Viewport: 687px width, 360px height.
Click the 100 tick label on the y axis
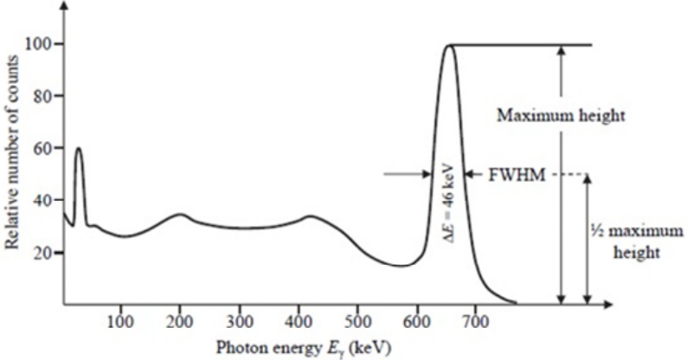40,44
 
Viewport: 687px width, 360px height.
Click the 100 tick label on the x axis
120,322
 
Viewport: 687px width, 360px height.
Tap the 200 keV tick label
179,322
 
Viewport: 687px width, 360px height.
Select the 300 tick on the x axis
239,322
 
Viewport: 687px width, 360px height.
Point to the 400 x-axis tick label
299,322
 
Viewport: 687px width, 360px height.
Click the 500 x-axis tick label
358,322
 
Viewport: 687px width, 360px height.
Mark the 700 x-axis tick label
475,322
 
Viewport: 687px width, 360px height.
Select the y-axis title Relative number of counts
12,152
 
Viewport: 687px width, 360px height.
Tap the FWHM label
517,175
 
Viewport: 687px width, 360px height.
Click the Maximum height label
561,116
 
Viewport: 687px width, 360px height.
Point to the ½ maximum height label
636,241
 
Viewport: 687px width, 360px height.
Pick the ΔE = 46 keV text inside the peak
450,203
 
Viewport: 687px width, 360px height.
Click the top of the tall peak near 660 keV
449,45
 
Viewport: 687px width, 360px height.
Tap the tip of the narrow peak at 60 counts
79,148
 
